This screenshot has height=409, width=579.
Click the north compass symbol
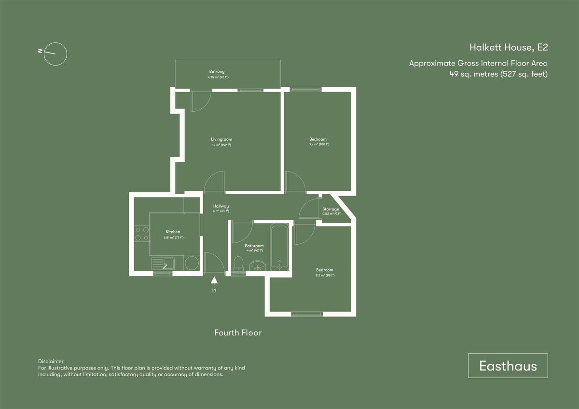point(55,53)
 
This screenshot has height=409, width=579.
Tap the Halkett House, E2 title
point(509,47)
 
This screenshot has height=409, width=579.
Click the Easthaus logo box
point(508,366)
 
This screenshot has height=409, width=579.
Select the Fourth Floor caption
point(238,333)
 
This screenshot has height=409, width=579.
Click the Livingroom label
point(221,139)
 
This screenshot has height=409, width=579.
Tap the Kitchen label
point(173,232)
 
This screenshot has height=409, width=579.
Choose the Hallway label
point(221,206)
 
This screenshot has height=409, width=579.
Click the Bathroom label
point(254,246)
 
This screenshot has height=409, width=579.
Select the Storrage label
point(331,209)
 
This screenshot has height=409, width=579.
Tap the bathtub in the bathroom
point(279,247)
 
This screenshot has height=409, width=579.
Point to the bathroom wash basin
point(258,266)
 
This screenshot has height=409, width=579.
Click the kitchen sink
point(164,264)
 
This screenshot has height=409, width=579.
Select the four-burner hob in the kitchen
point(142,234)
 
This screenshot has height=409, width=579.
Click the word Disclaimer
point(51,361)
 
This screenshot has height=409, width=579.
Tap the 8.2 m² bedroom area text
point(325,275)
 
